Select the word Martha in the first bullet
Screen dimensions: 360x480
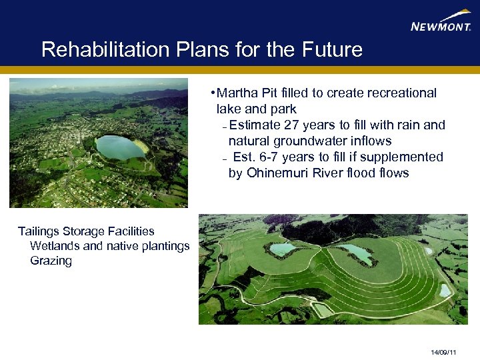(x=235, y=93)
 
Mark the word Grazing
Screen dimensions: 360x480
(x=51, y=261)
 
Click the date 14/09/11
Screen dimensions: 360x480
(x=443, y=351)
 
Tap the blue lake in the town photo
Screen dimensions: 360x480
(x=120, y=146)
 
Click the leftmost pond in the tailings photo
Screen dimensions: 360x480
(x=281, y=249)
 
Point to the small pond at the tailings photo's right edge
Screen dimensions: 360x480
(x=444, y=290)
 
